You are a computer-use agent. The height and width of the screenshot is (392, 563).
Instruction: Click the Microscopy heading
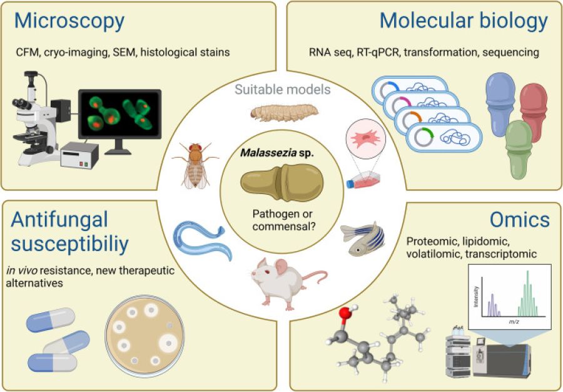tap(69, 21)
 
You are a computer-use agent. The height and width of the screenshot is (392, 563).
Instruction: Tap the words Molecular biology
tap(464, 21)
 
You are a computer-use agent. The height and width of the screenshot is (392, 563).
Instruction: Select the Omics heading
tap(520, 220)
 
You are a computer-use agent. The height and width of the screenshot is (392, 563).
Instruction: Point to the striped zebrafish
tap(363, 239)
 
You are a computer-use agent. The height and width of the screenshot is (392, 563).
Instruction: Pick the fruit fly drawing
tap(195, 165)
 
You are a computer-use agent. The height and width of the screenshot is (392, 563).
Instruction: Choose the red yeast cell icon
tap(534, 112)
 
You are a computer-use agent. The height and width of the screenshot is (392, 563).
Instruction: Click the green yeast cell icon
tap(519, 149)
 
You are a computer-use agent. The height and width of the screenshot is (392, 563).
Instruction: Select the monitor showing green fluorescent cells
tap(119, 113)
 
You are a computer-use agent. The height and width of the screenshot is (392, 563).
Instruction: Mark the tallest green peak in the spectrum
tap(527, 292)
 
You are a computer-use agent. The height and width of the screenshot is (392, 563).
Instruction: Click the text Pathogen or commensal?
tap(282, 220)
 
